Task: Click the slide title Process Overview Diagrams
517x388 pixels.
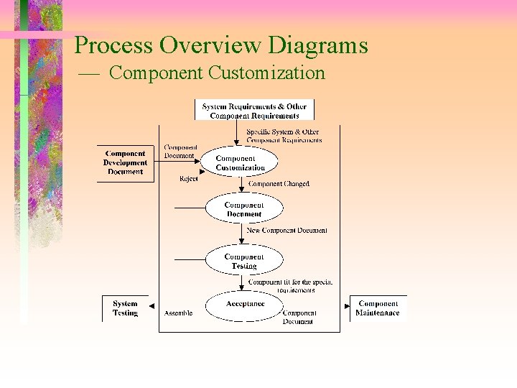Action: pyautogui.click(x=221, y=45)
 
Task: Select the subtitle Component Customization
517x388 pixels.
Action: pyautogui.click(x=218, y=73)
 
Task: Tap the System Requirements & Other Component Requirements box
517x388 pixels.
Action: pyautogui.click(x=254, y=111)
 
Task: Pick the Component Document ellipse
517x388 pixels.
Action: pyautogui.click(x=243, y=209)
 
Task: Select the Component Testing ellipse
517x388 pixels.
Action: pyautogui.click(x=243, y=261)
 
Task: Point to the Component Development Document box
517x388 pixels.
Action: pyautogui.click(x=126, y=162)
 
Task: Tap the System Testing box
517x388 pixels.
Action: pyautogui.click(x=125, y=308)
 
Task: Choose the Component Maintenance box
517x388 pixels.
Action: pyautogui.click(x=378, y=308)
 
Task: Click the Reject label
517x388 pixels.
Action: pyautogui.click(x=189, y=179)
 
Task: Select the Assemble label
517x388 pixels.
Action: pyautogui.click(x=178, y=313)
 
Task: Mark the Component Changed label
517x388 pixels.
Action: pyautogui.click(x=279, y=184)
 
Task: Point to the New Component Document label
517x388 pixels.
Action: pyautogui.click(x=287, y=231)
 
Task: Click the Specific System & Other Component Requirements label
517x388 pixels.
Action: pyautogui.click(x=283, y=136)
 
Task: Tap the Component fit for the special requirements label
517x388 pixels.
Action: pyautogui.click(x=290, y=285)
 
